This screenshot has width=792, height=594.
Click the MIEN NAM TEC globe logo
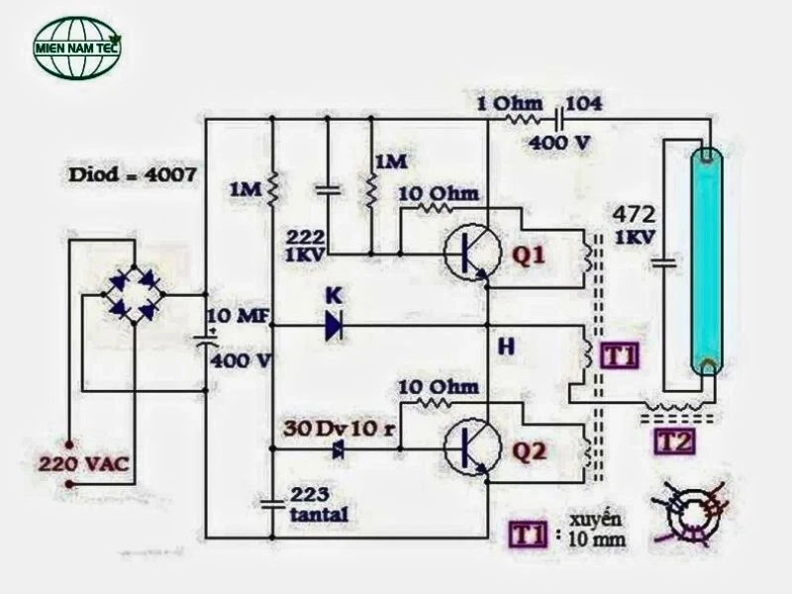point(77,48)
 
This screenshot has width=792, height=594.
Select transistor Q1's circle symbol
point(472,251)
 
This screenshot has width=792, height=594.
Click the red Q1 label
point(529,255)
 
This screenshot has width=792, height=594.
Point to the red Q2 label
point(529,450)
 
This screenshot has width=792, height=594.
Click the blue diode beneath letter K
point(335,326)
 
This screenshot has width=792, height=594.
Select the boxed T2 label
point(675,442)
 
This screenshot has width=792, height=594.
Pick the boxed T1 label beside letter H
point(620,355)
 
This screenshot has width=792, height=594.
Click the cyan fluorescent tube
point(707,261)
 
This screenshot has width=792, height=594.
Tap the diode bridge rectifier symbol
point(134,294)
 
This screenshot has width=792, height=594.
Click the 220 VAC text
point(84,463)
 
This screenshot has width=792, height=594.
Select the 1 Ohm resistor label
point(510,104)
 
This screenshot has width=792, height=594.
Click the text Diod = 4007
point(133,175)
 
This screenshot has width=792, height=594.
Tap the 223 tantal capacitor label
point(319,504)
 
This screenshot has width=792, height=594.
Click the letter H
point(506,346)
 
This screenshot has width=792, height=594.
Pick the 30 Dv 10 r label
point(339,429)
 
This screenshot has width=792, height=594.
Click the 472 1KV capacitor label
point(635,225)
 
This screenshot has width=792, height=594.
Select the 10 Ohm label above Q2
point(439,387)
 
